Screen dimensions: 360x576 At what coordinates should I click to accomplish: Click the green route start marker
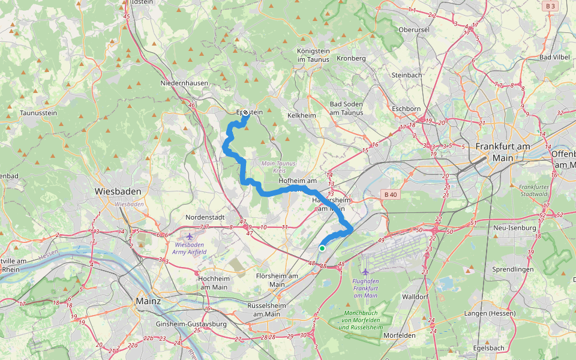[x=322, y=248]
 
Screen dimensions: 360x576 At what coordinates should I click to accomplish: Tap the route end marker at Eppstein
[x=245, y=112]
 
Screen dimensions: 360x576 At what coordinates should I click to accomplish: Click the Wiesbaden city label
[x=118, y=191]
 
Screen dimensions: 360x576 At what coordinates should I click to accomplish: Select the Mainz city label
[x=148, y=301]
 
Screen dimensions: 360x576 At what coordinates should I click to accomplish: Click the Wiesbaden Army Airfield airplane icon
[x=190, y=236]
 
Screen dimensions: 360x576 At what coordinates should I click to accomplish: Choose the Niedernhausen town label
[x=184, y=83]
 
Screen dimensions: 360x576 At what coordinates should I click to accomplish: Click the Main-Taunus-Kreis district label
[x=279, y=167]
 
